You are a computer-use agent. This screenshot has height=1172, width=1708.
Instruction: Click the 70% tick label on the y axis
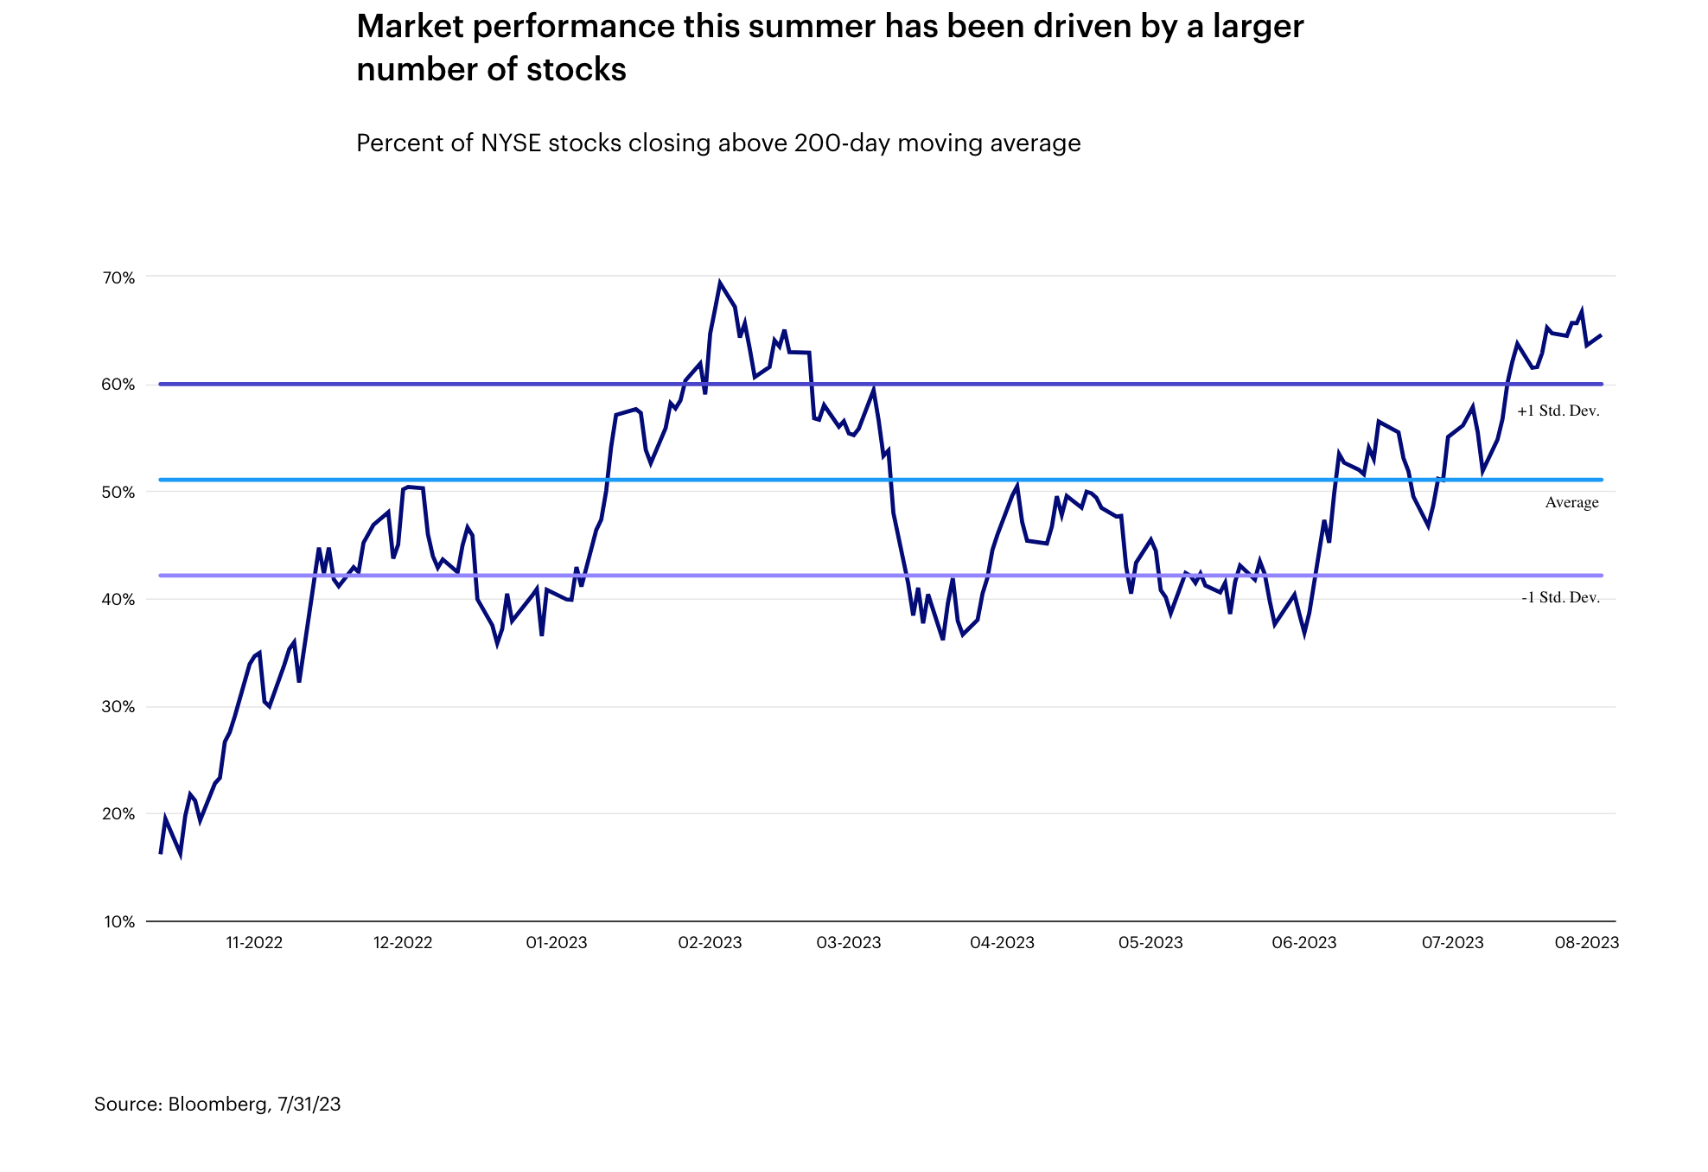click(x=119, y=277)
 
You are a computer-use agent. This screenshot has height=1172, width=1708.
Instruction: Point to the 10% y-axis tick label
click(x=119, y=921)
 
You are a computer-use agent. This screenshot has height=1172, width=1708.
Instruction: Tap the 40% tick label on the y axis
click(x=119, y=599)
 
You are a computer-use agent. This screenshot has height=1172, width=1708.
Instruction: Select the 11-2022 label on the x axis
click(x=254, y=942)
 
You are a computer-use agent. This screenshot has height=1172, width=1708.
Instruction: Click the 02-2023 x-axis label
click(x=710, y=942)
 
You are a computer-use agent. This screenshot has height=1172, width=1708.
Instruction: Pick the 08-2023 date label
click(x=1586, y=942)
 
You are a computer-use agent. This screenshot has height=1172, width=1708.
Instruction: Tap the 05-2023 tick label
click(x=1150, y=942)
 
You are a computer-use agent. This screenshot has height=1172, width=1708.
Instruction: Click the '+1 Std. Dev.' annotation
click(x=1558, y=411)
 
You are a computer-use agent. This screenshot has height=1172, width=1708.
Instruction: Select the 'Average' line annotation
click(x=1571, y=502)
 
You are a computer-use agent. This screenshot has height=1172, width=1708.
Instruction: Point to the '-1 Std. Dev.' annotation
click(x=1560, y=597)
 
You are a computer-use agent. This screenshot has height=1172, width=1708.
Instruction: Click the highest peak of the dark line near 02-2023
click(x=720, y=283)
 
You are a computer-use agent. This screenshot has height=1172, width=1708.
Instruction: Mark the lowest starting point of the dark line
click(x=161, y=853)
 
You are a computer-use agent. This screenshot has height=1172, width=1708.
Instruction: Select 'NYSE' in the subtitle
click(x=511, y=143)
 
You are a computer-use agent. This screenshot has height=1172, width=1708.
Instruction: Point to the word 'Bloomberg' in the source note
click(x=218, y=1104)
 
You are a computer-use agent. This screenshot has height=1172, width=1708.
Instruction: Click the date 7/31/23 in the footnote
click(x=309, y=1104)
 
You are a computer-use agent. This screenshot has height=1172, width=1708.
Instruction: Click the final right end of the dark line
click(x=1601, y=335)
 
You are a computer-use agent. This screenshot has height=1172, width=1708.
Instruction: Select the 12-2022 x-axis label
click(x=403, y=942)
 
